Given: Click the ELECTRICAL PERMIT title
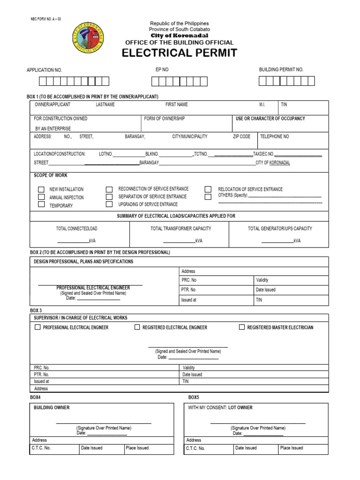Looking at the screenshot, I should tap(180, 53).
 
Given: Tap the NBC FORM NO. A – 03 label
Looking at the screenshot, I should tap(45, 19).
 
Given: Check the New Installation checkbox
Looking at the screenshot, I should tap(41, 189).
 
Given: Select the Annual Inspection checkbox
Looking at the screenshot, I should tap(41, 197).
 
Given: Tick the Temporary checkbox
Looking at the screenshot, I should tap(41, 204).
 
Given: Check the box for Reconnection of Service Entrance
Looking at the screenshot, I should tap(109, 189).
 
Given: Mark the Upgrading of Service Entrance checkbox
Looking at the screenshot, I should tap(109, 204).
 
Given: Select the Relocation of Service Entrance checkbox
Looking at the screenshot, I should tap(208, 189).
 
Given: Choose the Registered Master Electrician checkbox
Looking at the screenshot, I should tap(242, 327).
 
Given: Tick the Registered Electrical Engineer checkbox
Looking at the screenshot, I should tap(137, 327).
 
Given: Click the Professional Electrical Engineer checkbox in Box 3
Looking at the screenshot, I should tap(37, 327).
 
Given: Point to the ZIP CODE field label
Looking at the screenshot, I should tap(241, 136).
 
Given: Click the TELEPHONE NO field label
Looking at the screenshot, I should tap(275, 136).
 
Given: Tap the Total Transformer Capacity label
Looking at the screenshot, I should tap(180, 229).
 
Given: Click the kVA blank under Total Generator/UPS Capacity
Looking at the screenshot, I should tap(277, 240).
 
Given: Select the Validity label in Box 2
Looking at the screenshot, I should tap(262, 280).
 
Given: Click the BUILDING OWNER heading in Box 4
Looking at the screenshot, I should tap(52, 408).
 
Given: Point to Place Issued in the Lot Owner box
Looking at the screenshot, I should tap(292, 448).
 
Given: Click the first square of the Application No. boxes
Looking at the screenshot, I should tap(43, 81).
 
